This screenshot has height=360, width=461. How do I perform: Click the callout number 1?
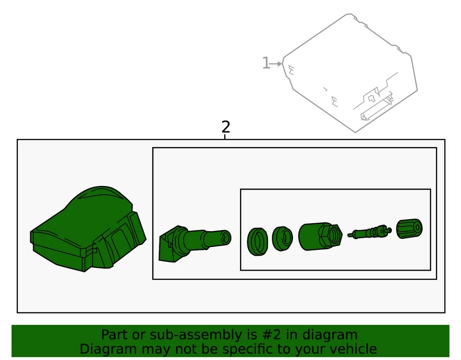[x=266, y=63]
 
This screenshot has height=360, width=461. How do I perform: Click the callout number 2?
[x=226, y=127]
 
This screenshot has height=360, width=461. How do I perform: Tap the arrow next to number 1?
[x=277, y=63]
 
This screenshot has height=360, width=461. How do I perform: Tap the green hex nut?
[x=319, y=236]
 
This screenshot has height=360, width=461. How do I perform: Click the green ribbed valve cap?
[x=410, y=230]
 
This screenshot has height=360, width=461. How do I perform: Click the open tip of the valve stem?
[x=225, y=237]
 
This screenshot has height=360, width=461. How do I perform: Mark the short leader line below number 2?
[x=225, y=137]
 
